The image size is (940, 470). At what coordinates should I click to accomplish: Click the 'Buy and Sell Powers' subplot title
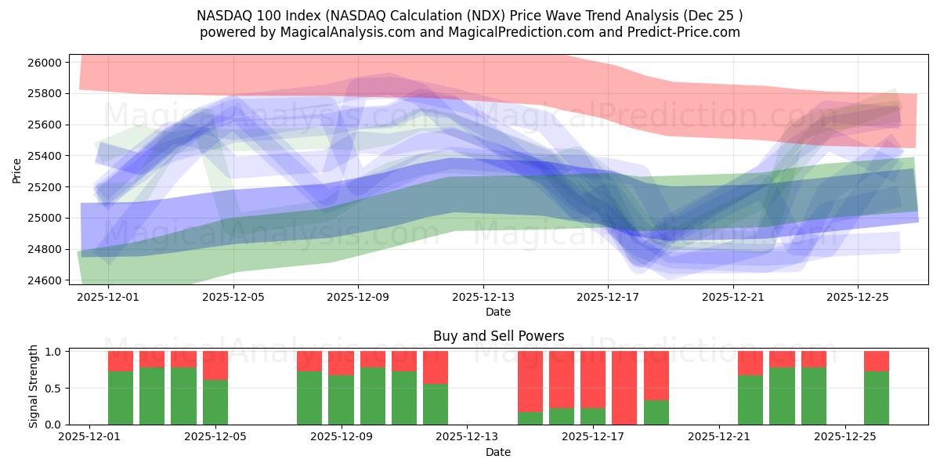[x=498, y=336]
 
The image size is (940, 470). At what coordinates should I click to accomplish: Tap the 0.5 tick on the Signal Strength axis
[x=53, y=389]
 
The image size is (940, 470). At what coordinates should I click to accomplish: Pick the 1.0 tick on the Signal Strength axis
[x=53, y=352]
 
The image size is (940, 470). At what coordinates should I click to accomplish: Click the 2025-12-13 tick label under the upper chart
[x=483, y=297]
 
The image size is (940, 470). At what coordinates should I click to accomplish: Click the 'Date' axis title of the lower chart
[x=498, y=452]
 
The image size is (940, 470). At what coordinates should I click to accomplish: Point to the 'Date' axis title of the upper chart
[x=498, y=312]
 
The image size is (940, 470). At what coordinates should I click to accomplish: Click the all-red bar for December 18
[x=624, y=388]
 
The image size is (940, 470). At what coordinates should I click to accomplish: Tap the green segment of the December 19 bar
[x=656, y=412]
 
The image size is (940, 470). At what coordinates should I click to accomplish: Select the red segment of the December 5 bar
[x=215, y=365]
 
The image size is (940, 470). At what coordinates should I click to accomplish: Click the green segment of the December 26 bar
[x=877, y=398]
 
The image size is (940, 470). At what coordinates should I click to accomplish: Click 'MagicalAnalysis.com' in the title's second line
[x=334, y=32]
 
